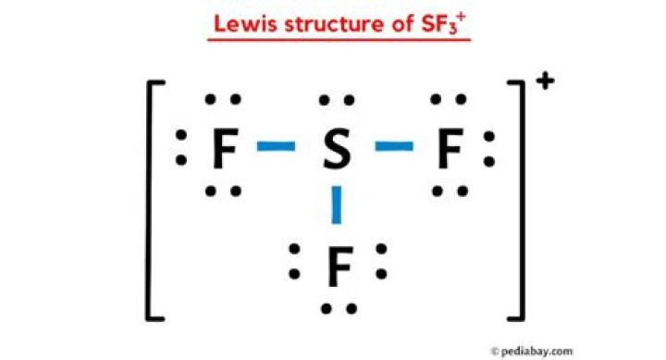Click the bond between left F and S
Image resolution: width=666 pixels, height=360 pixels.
(x=277, y=146)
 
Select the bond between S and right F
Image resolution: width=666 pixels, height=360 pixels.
(x=393, y=146)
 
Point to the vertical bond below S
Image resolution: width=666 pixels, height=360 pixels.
(x=337, y=205)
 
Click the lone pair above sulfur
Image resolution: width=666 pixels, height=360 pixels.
(x=335, y=100)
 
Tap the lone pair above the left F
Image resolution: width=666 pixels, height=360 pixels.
(x=223, y=100)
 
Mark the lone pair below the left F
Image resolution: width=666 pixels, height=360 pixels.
(x=223, y=192)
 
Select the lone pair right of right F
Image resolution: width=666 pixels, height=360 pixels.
(x=490, y=148)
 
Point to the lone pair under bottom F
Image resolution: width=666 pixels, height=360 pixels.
(x=338, y=308)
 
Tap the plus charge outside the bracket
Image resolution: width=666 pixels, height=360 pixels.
(x=545, y=82)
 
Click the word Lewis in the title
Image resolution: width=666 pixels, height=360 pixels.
(x=242, y=23)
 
